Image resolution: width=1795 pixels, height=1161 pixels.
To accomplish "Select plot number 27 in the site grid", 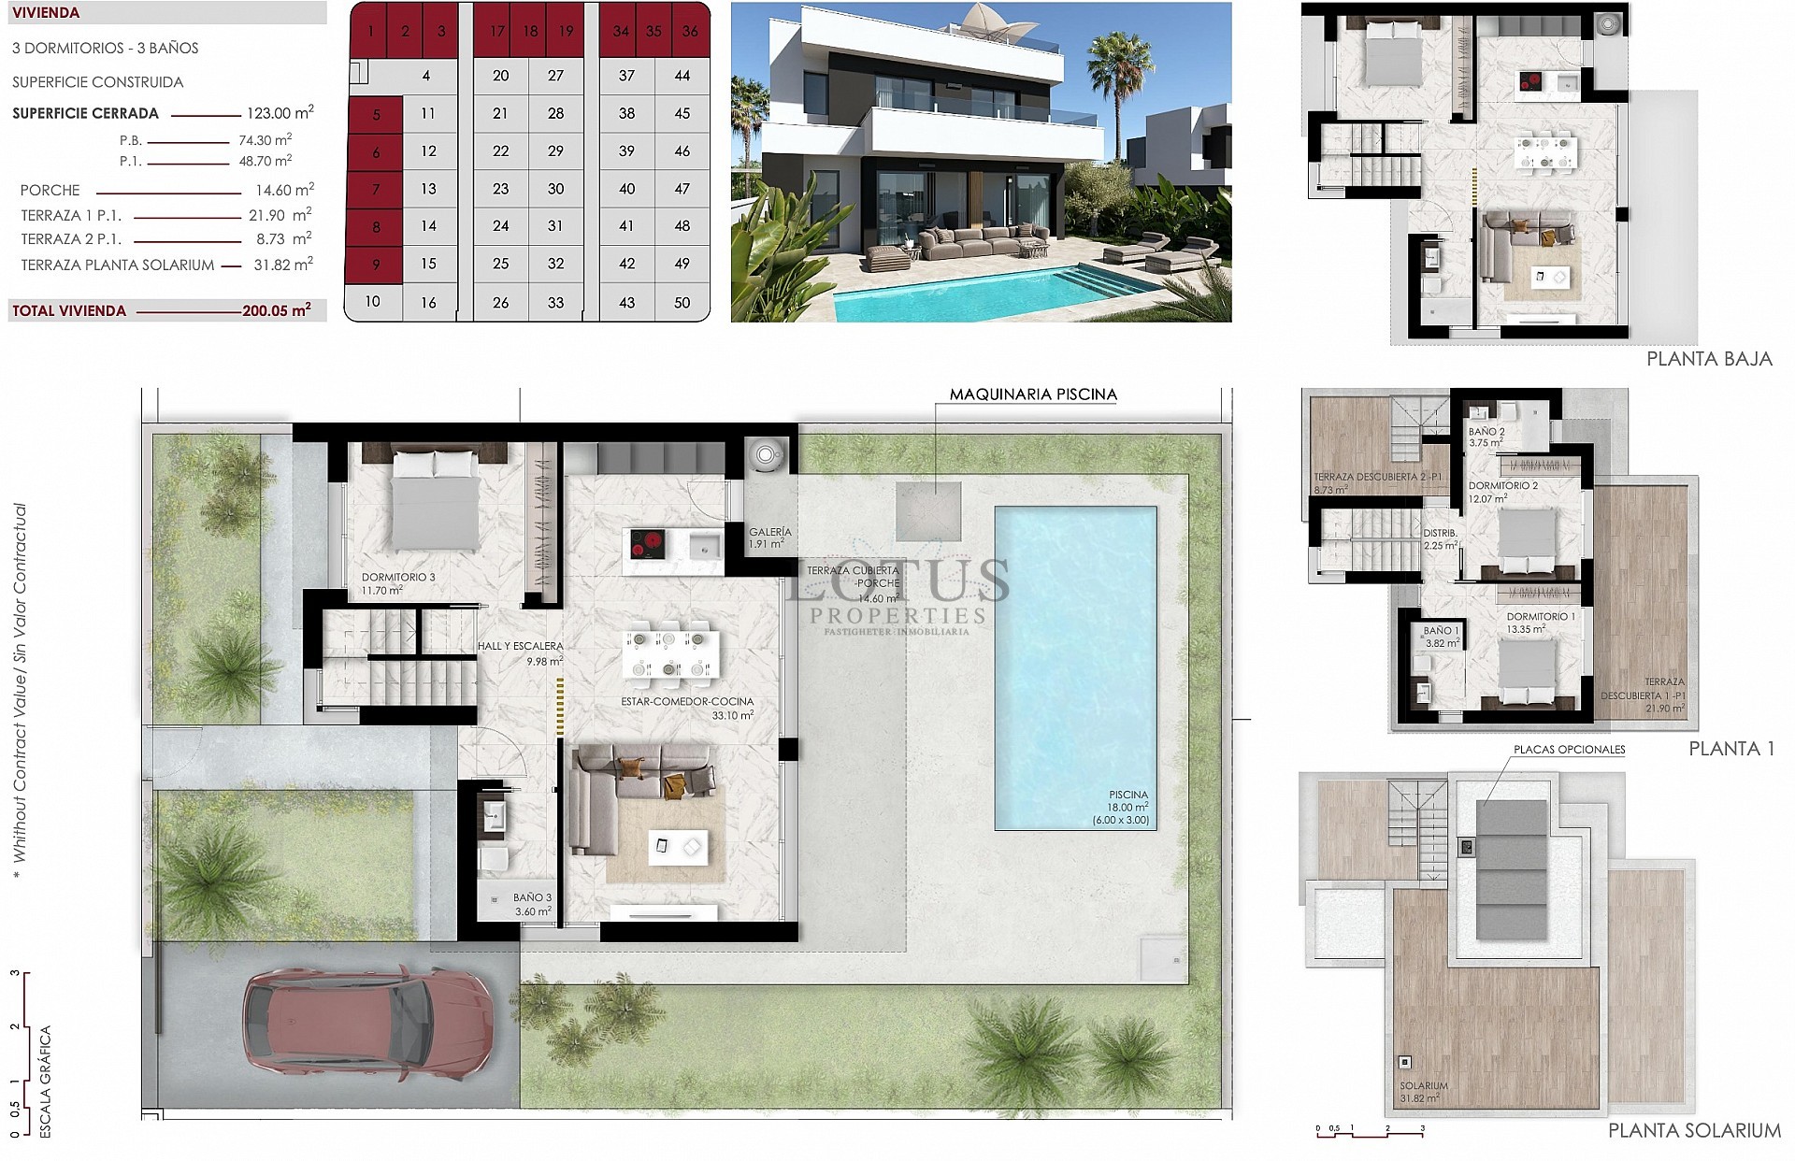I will (555, 76).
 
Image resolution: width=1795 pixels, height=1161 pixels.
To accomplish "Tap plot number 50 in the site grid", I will (682, 302).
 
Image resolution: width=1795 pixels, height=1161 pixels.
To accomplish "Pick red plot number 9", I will (376, 265).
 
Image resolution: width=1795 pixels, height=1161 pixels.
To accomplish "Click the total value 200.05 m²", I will (276, 310).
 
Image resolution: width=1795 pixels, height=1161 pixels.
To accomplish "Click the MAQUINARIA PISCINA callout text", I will (1032, 394).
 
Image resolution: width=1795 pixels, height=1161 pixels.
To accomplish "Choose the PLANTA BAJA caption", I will (1708, 359).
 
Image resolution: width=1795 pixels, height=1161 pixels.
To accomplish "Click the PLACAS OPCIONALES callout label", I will (1569, 750).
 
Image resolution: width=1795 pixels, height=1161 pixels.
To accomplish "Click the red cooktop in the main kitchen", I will (644, 543).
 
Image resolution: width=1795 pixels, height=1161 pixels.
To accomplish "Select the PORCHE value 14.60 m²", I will (284, 190).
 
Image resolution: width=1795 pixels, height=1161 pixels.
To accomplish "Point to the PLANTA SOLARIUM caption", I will (1693, 1131).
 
